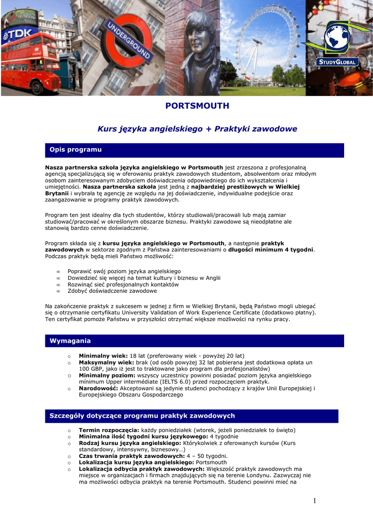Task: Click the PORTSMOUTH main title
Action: [x=197, y=106]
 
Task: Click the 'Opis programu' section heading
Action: [x=75, y=150]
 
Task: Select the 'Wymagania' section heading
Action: [x=70, y=341]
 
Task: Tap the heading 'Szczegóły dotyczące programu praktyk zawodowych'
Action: [x=142, y=416]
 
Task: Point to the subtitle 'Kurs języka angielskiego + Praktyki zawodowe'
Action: [x=197, y=128]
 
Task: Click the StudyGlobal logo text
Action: [x=337, y=62]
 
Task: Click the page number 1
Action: [x=314, y=501]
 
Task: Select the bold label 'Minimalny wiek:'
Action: [x=103, y=356]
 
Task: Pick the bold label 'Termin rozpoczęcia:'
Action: [x=109, y=430]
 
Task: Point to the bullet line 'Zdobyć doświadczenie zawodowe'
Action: [x=112, y=291]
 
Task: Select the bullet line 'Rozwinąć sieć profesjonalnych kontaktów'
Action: [x=123, y=285]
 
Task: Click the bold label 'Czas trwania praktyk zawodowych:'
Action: [x=131, y=456]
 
